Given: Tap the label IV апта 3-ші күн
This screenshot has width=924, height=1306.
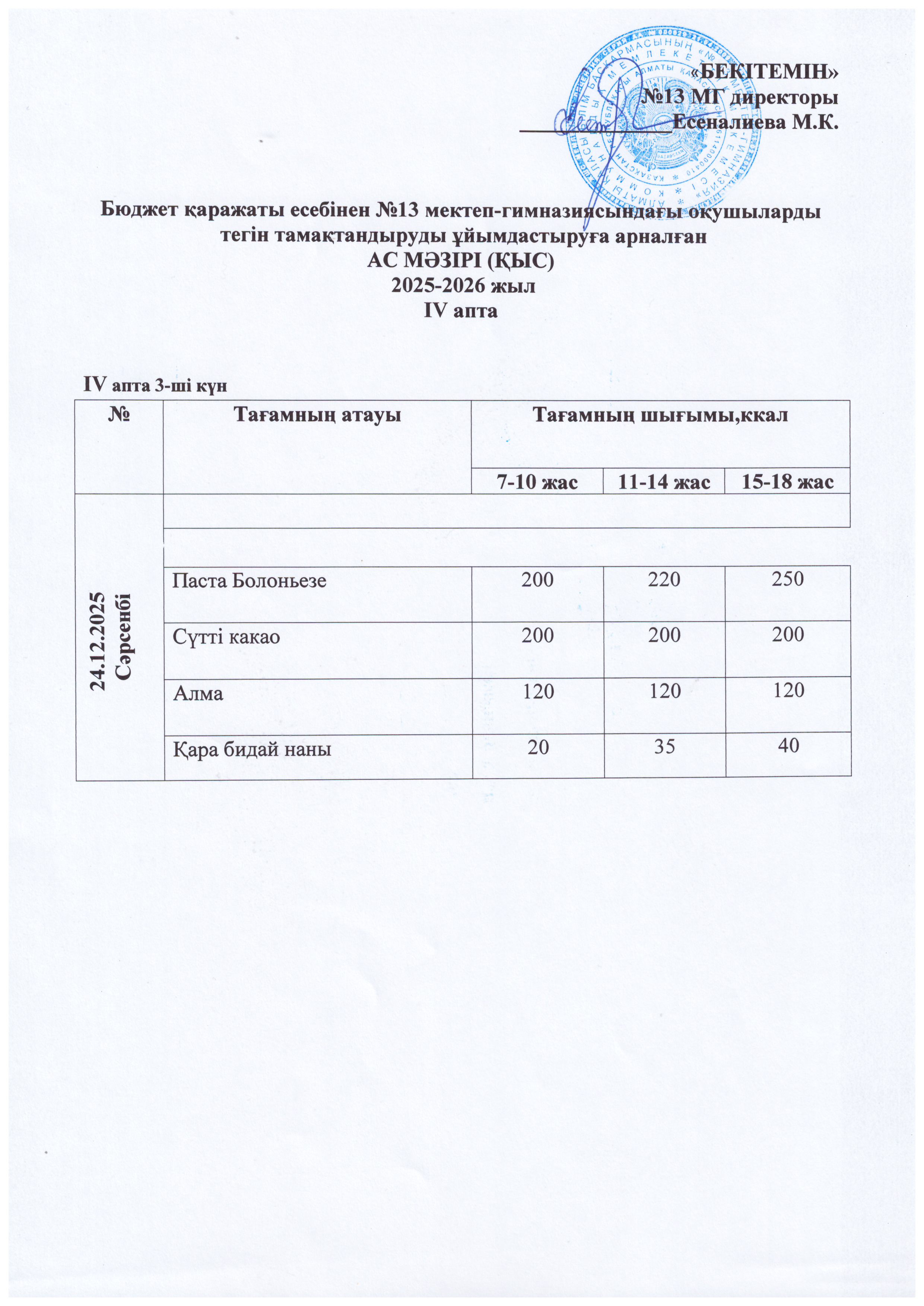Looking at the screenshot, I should (155, 386).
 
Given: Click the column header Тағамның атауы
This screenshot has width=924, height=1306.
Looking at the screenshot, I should (317, 416).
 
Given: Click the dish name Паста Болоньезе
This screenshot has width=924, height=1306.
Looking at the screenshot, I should (250, 581).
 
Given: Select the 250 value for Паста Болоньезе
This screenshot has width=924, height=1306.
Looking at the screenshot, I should (788, 579).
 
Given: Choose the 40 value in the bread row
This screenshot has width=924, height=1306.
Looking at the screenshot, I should (788, 746).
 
